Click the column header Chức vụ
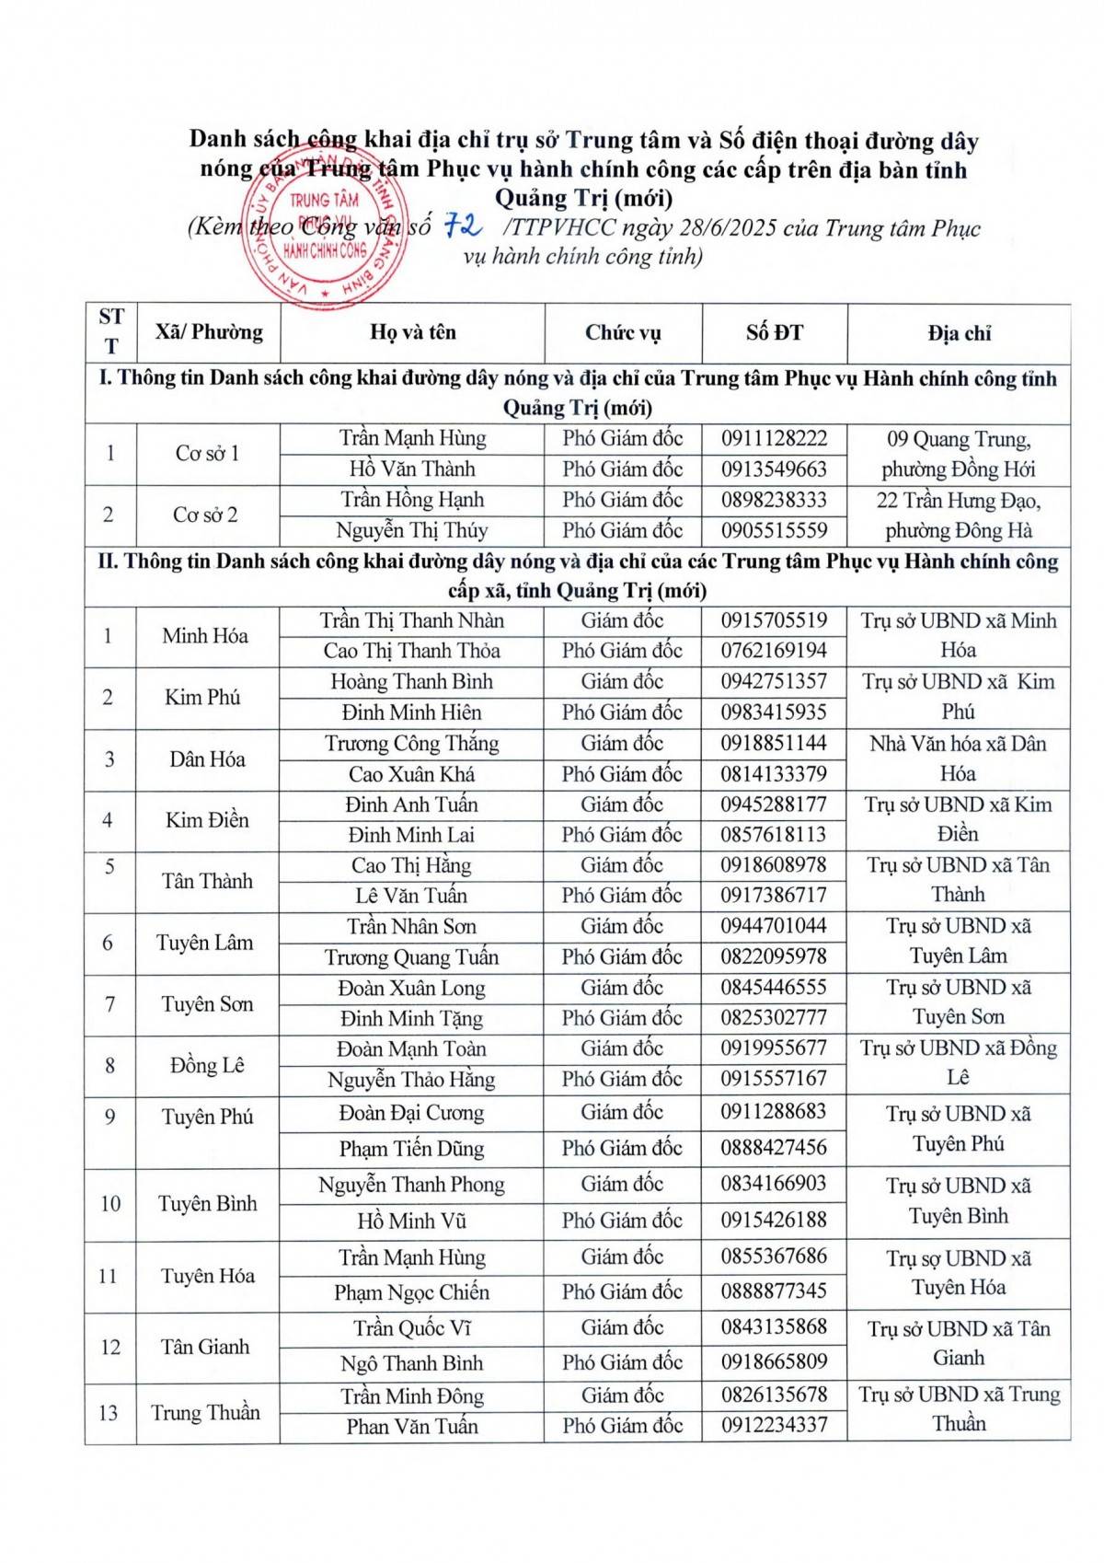623,333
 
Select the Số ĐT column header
774,333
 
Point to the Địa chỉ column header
959,333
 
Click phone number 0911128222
774,438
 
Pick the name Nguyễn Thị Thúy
411,530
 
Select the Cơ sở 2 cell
205,515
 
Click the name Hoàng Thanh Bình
411,682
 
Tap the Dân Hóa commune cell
207,759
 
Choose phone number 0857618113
774,835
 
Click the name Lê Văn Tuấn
411,896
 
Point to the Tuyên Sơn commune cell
207,1004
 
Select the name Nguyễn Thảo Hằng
411,1080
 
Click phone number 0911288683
774,1112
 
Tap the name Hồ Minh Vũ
411,1221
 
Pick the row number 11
109,1277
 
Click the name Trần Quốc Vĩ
411,1328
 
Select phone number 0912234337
774,1426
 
